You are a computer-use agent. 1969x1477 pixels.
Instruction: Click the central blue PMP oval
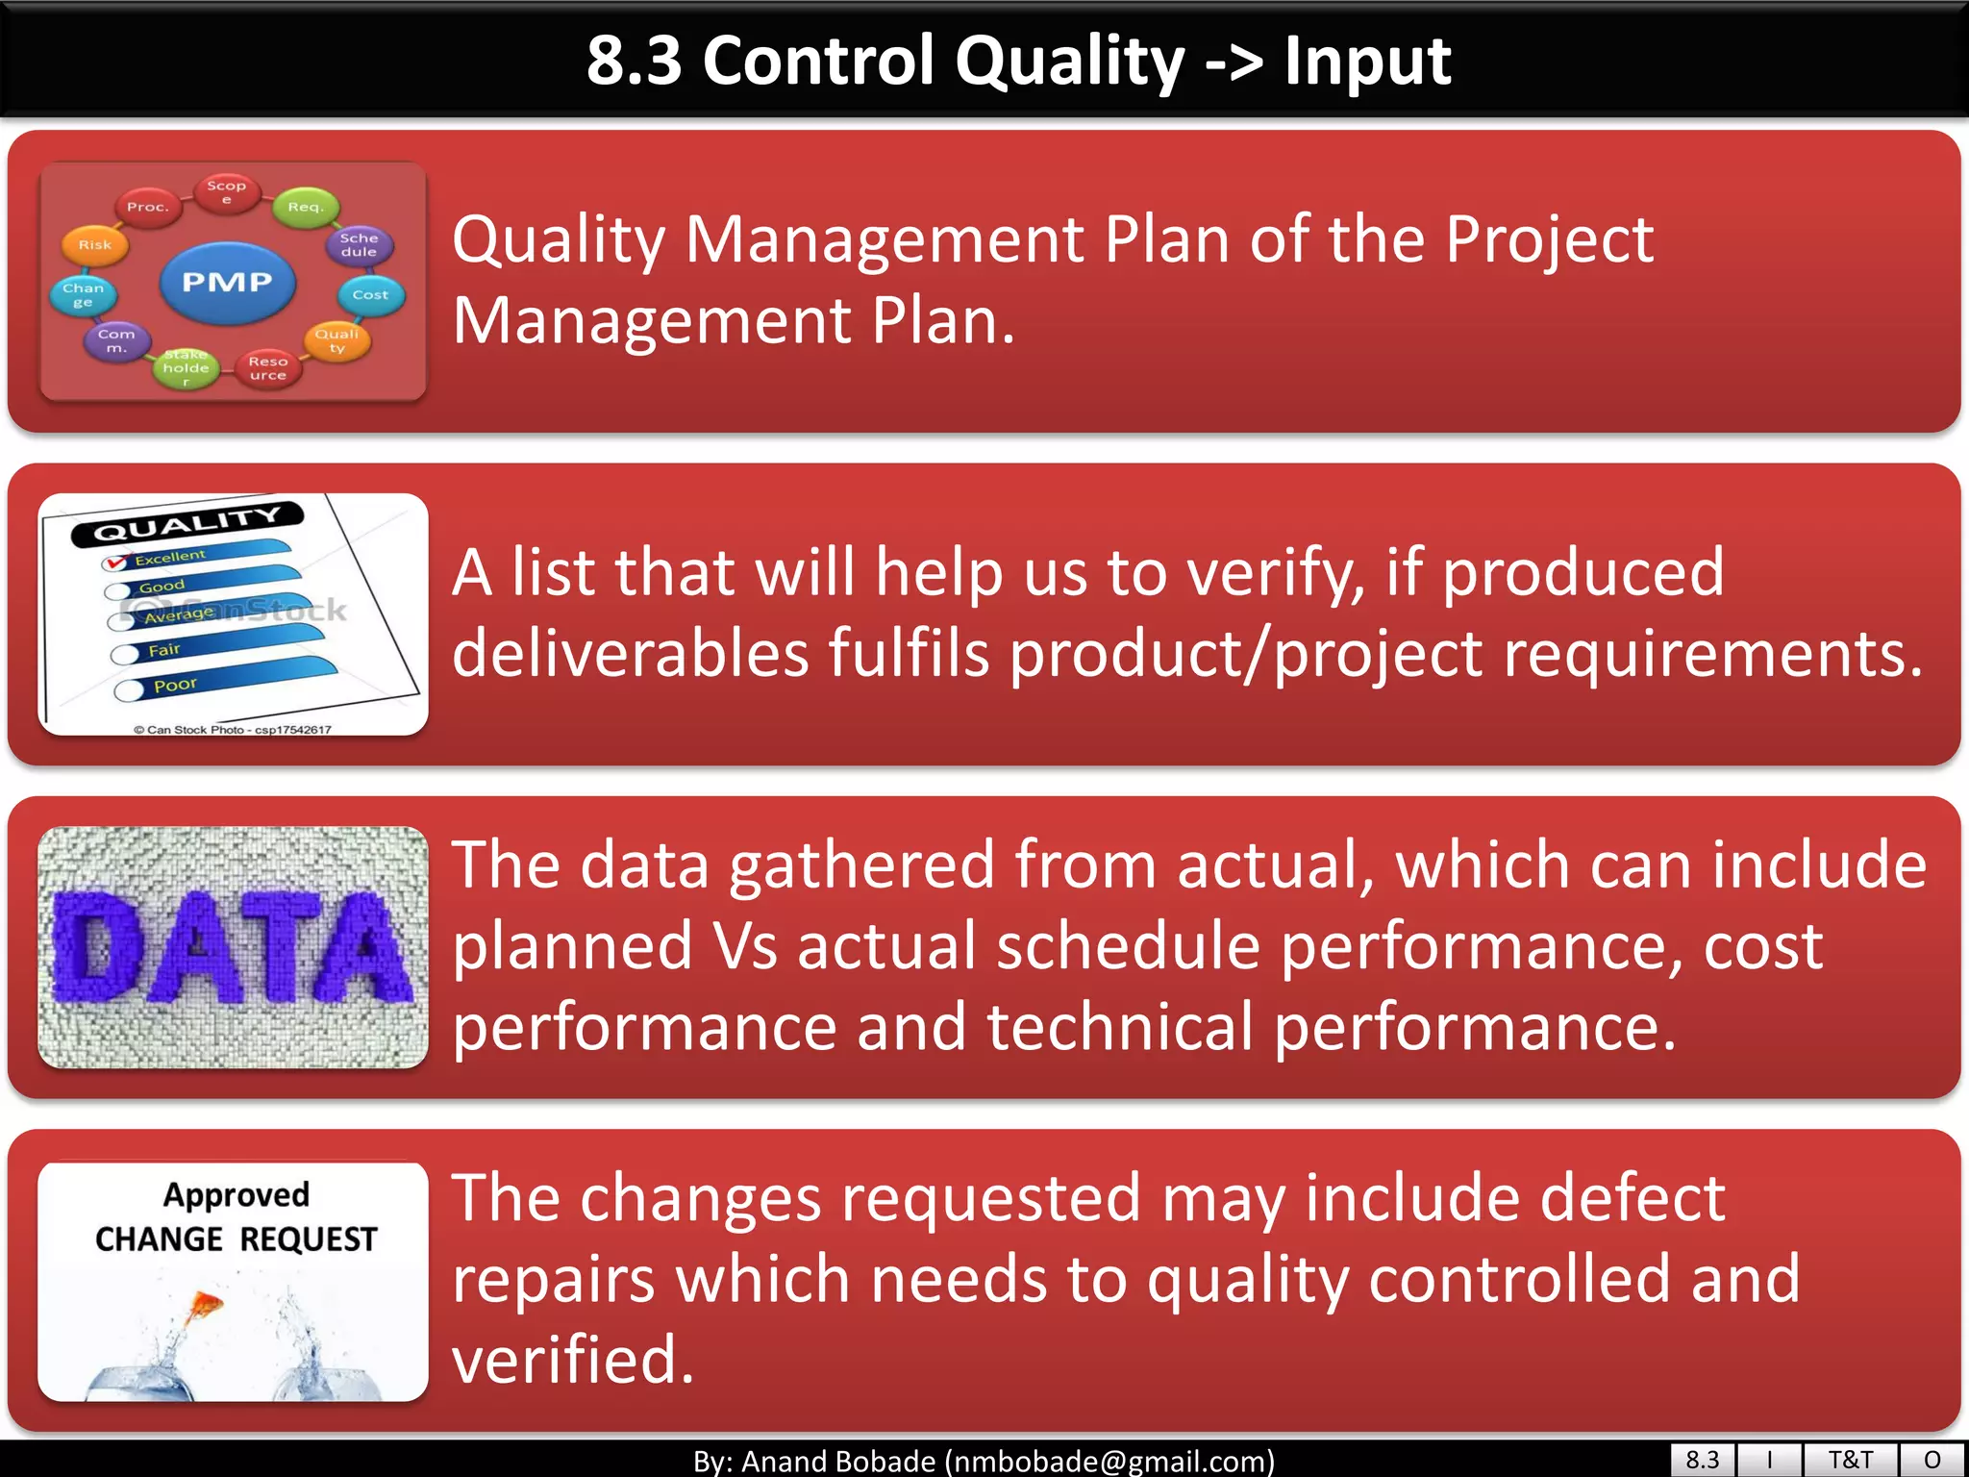point(228,283)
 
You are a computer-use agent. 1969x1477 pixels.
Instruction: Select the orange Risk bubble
point(94,245)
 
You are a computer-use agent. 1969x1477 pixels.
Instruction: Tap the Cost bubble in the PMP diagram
point(370,295)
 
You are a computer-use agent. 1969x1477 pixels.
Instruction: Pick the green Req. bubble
point(305,207)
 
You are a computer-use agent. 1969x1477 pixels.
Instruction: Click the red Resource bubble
point(267,368)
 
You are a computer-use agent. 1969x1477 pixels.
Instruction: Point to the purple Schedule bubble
point(359,245)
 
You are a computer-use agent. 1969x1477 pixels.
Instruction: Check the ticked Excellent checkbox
point(115,563)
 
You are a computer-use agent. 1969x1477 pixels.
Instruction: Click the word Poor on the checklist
point(175,686)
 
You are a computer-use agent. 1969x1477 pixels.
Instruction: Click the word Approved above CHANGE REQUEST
point(237,1195)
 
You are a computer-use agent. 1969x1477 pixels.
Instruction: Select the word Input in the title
point(1367,62)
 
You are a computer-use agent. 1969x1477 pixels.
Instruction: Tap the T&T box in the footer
point(1850,1460)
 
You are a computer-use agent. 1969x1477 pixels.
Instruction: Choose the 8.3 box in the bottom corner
point(1702,1460)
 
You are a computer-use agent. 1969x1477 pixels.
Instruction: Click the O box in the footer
point(1932,1460)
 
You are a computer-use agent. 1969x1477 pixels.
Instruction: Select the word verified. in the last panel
point(573,1360)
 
